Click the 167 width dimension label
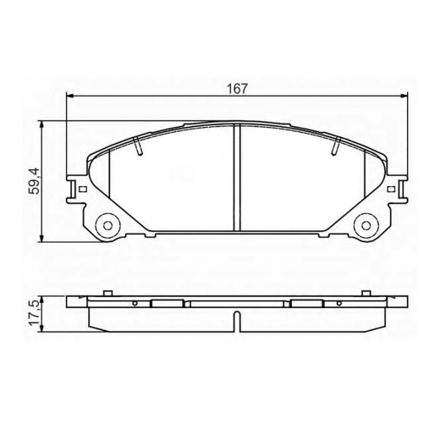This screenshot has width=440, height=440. pos(237,89)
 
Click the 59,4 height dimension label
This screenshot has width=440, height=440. pos(36,180)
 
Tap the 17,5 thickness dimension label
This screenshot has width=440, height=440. pos(36,313)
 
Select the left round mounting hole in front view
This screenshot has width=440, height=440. pos(107,225)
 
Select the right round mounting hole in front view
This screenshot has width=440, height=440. pos(366,225)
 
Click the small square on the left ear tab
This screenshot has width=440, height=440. pos(83,189)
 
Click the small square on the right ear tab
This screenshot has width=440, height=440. pos(391,189)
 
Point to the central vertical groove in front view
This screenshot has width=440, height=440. pos(237,178)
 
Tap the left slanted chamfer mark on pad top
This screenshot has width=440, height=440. pos(138,146)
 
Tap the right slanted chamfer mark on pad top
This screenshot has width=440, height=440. pos(336,146)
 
